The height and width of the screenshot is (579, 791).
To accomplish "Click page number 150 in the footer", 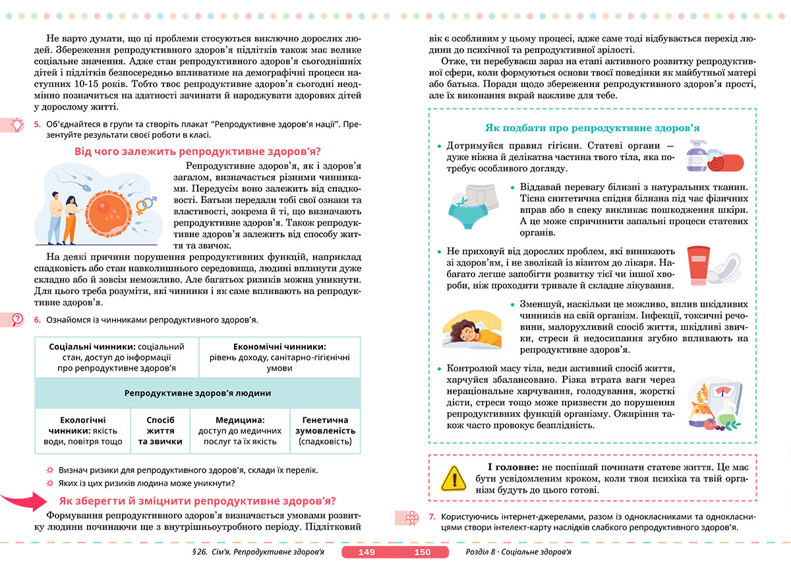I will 421,553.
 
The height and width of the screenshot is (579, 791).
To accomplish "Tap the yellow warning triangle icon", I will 452,475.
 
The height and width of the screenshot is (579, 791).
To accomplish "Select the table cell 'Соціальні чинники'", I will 117,357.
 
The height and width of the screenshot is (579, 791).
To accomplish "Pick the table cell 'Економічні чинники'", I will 279,357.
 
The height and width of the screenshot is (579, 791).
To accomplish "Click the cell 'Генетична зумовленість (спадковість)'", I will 325,431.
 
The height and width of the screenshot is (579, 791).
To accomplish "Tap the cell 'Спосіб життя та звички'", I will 161,431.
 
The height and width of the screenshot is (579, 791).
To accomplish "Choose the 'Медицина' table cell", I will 240,431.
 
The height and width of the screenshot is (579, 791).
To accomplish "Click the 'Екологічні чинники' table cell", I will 82,431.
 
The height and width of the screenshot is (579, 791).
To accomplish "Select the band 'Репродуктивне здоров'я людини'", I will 198,393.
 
